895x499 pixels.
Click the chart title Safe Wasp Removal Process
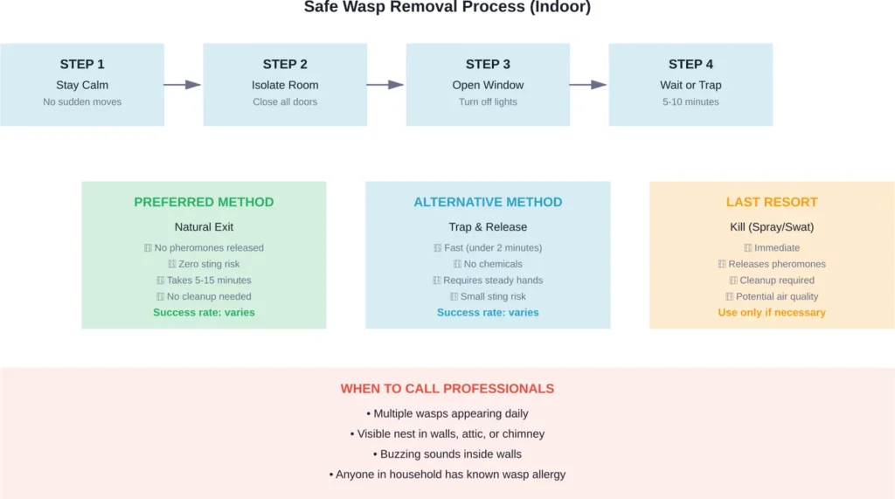click(447, 8)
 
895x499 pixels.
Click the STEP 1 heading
click(82, 64)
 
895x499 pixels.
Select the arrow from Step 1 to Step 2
click(183, 85)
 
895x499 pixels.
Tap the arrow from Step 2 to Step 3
click(385, 85)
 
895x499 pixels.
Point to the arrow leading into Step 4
click(588, 85)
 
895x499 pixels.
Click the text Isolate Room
click(285, 86)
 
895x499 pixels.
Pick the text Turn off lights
click(488, 102)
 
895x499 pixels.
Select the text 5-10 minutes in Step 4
click(690, 102)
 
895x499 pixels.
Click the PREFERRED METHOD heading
click(204, 202)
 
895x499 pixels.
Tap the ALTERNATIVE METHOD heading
click(488, 202)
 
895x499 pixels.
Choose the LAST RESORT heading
click(772, 202)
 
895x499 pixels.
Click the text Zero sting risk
click(209, 264)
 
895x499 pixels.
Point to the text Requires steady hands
click(493, 281)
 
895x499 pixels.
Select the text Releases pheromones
click(777, 264)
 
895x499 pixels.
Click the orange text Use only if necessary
click(772, 313)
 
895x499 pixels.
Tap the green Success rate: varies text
click(204, 313)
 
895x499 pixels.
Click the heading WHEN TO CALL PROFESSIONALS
click(447, 389)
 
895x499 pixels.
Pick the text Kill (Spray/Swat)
click(772, 227)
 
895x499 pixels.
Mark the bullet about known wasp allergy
click(451, 475)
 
